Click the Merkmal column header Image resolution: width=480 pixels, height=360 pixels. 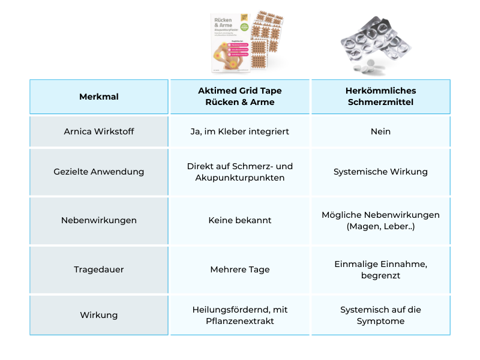pyautogui.click(x=99, y=97)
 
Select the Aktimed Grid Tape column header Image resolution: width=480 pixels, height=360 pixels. pyautogui.click(x=240, y=97)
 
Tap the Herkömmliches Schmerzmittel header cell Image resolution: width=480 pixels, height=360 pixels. pyautogui.click(x=380, y=97)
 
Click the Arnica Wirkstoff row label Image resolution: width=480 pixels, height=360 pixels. pyautogui.click(x=99, y=131)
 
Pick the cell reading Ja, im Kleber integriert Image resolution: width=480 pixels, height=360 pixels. pyautogui.click(x=240, y=131)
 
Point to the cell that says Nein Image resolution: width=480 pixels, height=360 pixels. pyautogui.click(x=380, y=131)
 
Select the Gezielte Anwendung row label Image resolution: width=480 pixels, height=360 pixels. pyautogui.click(x=99, y=172)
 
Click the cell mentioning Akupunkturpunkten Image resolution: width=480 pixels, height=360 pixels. pyautogui.click(x=240, y=172)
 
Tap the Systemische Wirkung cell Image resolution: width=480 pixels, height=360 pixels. pyautogui.click(x=380, y=172)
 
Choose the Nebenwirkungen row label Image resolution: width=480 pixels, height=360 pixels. pyautogui.click(x=99, y=220)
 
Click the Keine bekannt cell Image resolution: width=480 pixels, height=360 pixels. pyautogui.click(x=240, y=220)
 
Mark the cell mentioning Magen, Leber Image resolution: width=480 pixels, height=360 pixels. pyautogui.click(x=380, y=220)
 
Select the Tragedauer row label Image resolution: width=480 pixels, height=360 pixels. pyautogui.click(x=99, y=269)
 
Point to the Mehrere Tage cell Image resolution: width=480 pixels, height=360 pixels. pyautogui.click(x=240, y=269)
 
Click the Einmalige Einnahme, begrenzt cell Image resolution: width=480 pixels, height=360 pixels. pyautogui.click(x=380, y=269)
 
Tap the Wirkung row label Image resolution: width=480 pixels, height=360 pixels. pyautogui.click(x=99, y=315)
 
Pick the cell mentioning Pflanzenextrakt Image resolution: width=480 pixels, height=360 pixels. pyautogui.click(x=240, y=315)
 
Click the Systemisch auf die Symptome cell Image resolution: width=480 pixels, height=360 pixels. pyautogui.click(x=380, y=315)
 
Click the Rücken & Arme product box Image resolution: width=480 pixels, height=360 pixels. pyautogui.click(x=230, y=42)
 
